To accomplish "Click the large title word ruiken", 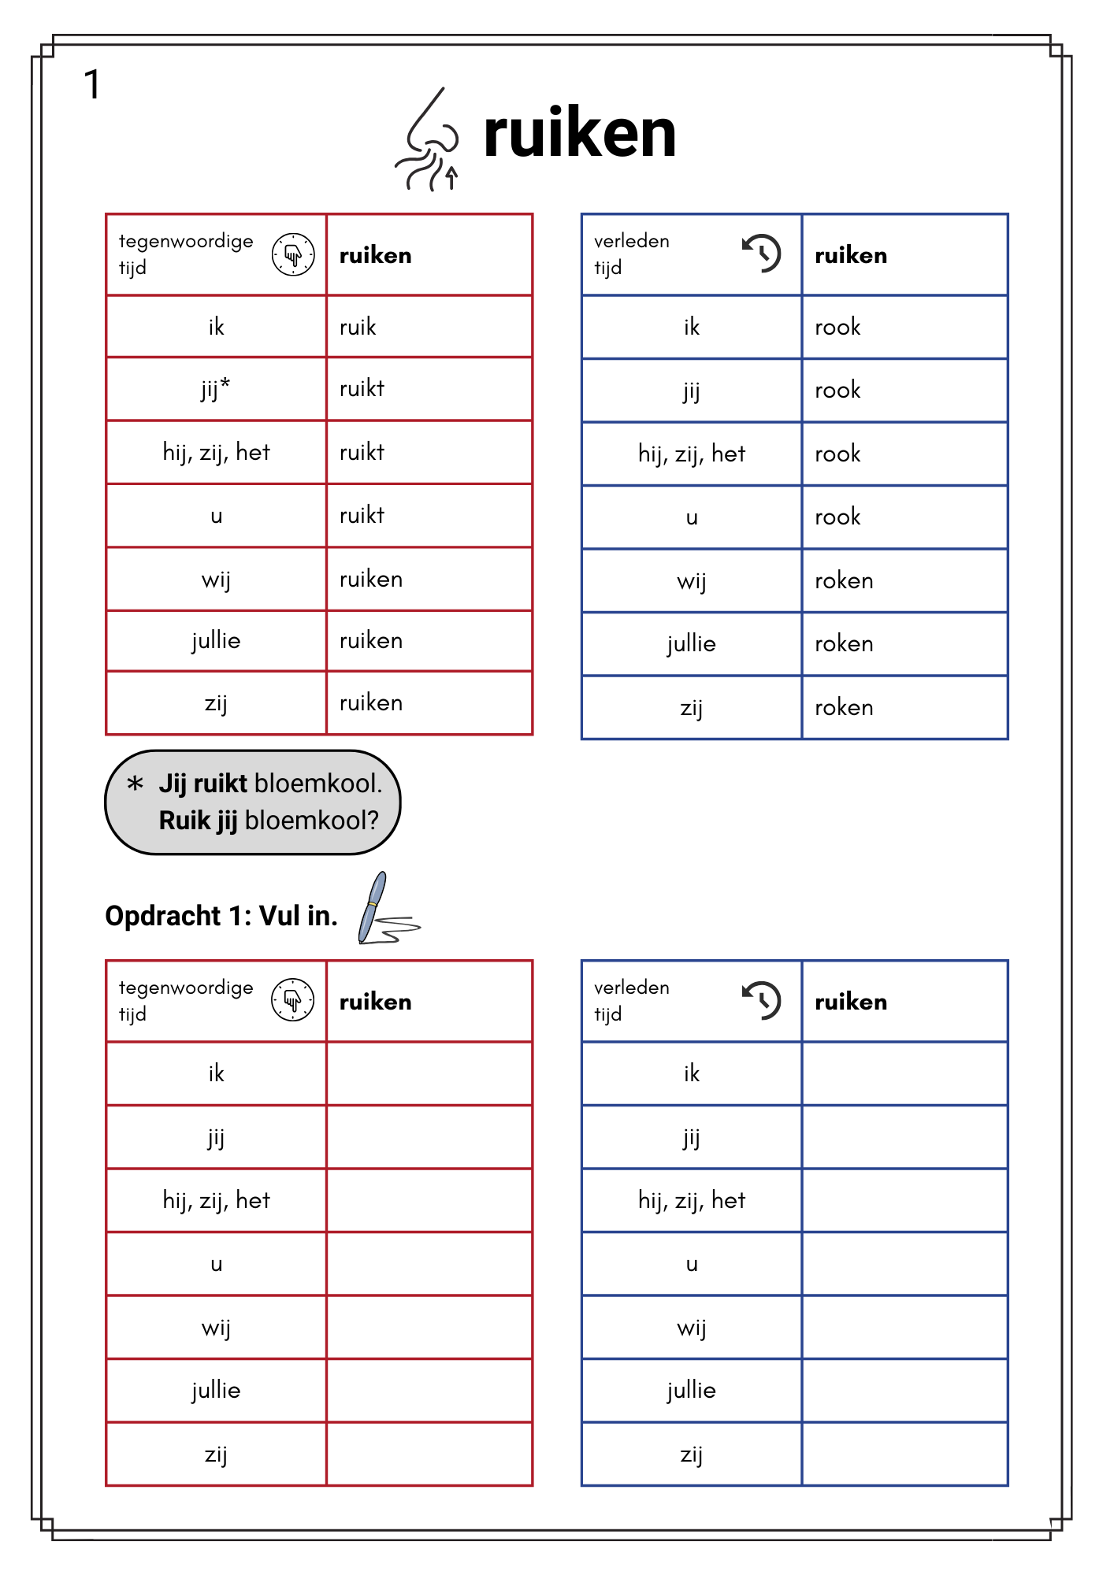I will click(x=580, y=134).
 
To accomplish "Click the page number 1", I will click(x=92, y=85).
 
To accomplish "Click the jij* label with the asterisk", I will click(x=215, y=388).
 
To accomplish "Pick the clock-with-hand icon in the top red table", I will click(x=293, y=254).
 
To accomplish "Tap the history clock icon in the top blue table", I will click(x=761, y=254).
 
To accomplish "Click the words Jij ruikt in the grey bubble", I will click(x=203, y=784).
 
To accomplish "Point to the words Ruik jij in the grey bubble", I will click(x=198, y=821).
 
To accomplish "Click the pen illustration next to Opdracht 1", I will click(x=381, y=910).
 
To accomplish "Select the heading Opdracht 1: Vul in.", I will click(x=221, y=916).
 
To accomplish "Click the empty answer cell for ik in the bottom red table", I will click(x=429, y=1073).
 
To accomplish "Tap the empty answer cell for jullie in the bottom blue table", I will click(x=904, y=1391).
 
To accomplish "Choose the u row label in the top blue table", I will click(x=692, y=517).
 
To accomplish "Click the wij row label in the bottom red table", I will click(x=216, y=1328).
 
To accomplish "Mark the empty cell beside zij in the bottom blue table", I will click(x=904, y=1455).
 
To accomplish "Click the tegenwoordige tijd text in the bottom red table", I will click(x=186, y=1000).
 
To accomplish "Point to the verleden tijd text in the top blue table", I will click(x=632, y=254).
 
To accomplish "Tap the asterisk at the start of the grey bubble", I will click(x=136, y=784).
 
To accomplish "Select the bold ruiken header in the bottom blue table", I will click(x=851, y=1002).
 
